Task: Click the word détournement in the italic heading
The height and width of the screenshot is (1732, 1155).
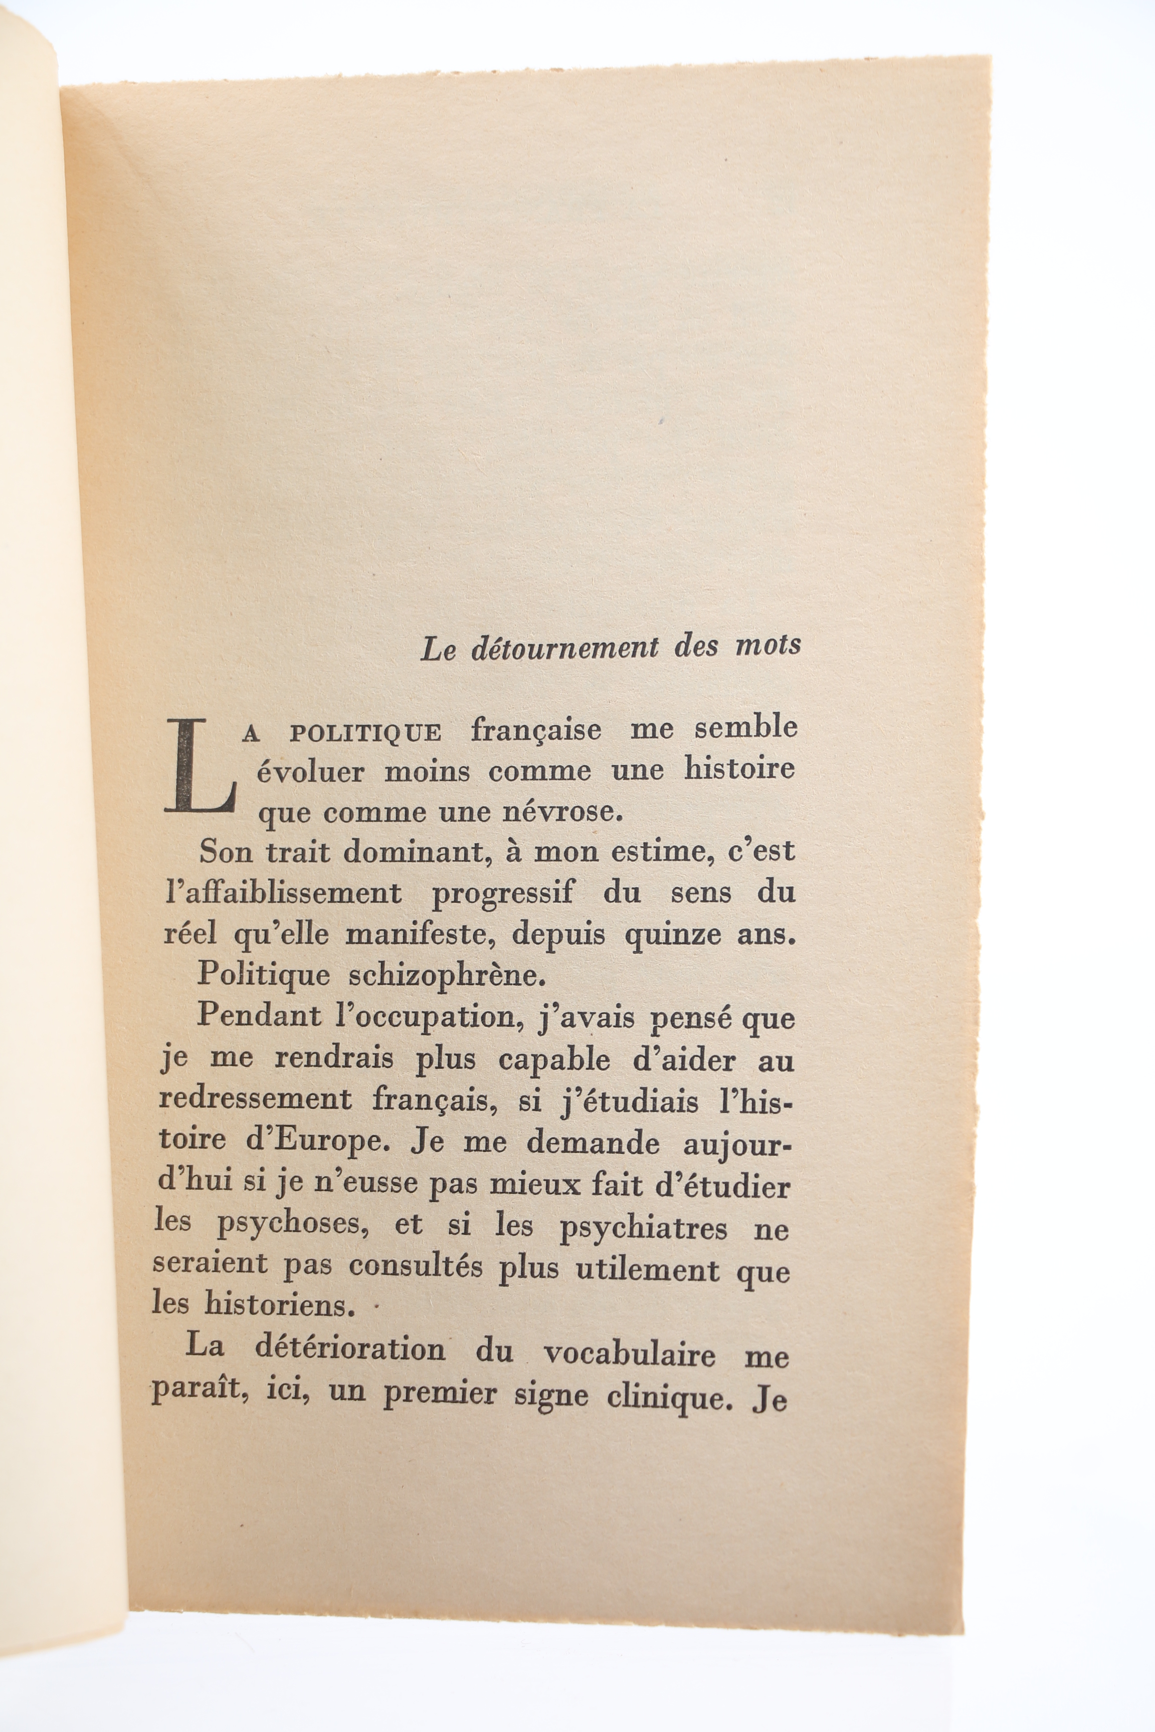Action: (x=564, y=648)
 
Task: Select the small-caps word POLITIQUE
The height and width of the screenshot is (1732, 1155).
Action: (x=365, y=734)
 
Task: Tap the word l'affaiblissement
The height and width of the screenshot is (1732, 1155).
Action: (x=284, y=893)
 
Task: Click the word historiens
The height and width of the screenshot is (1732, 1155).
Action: (x=278, y=1306)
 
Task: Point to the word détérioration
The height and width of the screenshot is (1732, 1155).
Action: (x=350, y=1349)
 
